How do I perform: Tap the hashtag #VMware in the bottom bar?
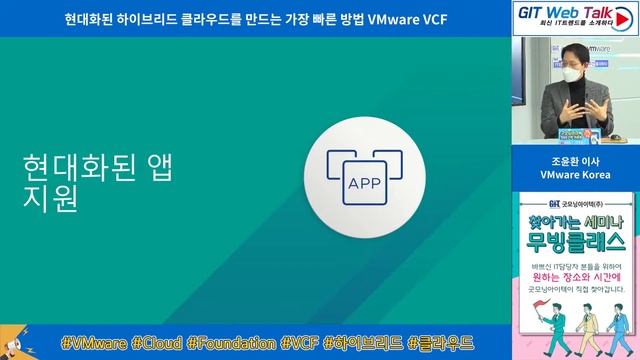point(92,343)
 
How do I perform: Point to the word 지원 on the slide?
point(48,197)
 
